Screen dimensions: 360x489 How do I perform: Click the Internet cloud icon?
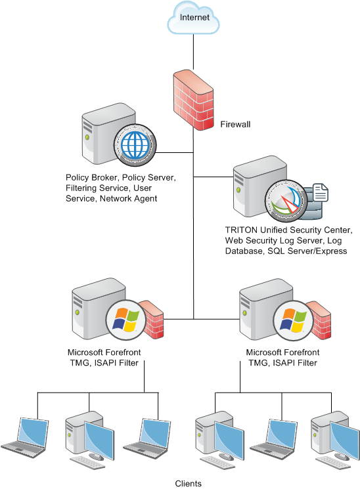pos(193,18)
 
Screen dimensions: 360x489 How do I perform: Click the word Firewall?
pos(235,124)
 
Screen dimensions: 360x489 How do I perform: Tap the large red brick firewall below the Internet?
pos(194,100)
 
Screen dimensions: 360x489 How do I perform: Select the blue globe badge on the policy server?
pos(135,145)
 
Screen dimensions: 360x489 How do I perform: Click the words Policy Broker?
pos(91,177)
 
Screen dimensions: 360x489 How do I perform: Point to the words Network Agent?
pos(128,198)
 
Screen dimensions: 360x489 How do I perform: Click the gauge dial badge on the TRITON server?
pos(286,201)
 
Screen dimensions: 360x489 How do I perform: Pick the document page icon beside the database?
pos(320,192)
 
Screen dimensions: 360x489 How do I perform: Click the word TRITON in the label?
pos(241,230)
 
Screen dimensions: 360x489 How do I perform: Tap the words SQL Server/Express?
pos(307,251)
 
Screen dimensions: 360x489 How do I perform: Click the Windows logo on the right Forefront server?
pos(293,320)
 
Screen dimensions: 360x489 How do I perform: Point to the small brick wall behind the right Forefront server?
pos(320,320)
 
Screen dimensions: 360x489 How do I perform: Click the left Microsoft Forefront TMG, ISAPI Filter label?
pos(104,357)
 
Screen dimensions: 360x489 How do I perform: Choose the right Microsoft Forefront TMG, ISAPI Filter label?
pos(282,357)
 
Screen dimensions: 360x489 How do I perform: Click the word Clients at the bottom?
pos(189,483)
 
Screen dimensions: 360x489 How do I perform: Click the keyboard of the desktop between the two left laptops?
pos(87,463)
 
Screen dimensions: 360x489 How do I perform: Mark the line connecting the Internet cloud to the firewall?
pos(193,52)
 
